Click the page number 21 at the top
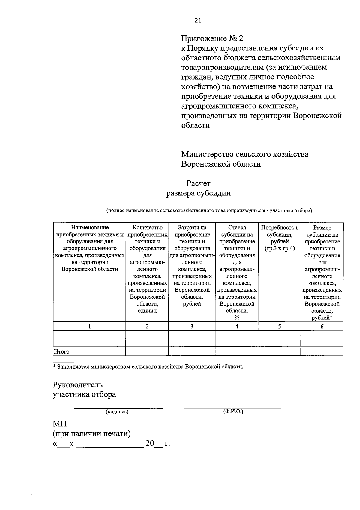coord(198,20)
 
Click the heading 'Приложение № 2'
coord(212,38)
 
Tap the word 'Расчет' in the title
coord(198,183)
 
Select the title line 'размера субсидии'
coord(198,193)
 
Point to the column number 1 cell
coord(89,326)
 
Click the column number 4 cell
coord(237,326)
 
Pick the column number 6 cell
coord(322,327)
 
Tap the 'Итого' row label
coord(61,352)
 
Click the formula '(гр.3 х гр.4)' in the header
coord(280,249)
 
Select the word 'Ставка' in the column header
coord(237,228)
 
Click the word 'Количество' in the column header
coord(147,228)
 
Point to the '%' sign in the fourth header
coord(237,318)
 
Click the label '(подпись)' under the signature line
coord(117,412)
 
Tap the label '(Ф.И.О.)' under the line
coord(233,412)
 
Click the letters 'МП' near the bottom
coord(60,424)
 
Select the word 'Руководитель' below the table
coord(78,385)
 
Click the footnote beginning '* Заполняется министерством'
coord(148,367)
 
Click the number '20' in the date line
coord(150,443)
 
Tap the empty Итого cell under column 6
coord(322,352)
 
